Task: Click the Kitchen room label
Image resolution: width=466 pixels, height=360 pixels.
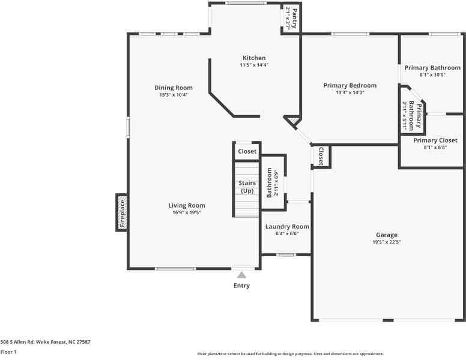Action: pyautogui.click(x=253, y=58)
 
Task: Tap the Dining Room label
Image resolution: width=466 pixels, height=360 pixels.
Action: pyautogui.click(x=174, y=88)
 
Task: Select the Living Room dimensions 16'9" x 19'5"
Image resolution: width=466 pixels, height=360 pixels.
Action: pyautogui.click(x=187, y=212)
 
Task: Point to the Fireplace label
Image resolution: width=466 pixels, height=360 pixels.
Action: pyautogui.click(x=121, y=213)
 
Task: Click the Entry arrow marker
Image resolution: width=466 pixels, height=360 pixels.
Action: pyautogui.click(x=241, y=275)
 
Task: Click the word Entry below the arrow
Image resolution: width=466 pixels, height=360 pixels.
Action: pyautogui.click(x=241, y=286)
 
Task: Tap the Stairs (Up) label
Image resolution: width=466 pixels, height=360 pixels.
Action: pyautogui.click(x=247, y=187)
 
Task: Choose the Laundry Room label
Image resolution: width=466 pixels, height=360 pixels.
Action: pyautogui.click(x=287, y=226)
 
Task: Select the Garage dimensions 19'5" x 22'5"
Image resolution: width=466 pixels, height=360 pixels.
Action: pyautogui.click(x=387, y=242)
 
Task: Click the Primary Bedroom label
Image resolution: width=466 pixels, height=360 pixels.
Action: pyautogui.click(x=349, y=85)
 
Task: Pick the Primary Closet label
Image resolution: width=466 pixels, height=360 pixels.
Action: pyautogui.click(x=435, y=140)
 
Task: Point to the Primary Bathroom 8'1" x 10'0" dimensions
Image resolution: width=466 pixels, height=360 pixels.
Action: pyautogui.click(x=432, y=75)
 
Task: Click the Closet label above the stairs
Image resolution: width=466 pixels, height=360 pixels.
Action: pyautogui.click(x=247, y=152)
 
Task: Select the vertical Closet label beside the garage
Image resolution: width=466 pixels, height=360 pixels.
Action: pyautogui.click(x=321, y=156)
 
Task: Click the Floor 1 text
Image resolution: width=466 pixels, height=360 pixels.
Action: pyautogui.click(x=8, y=352)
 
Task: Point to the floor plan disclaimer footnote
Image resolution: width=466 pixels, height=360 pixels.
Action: pyautogui.click(x=291, y=354)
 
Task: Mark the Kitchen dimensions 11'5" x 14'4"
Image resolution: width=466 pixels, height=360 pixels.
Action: pyautogui.click(x=253, y=65)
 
